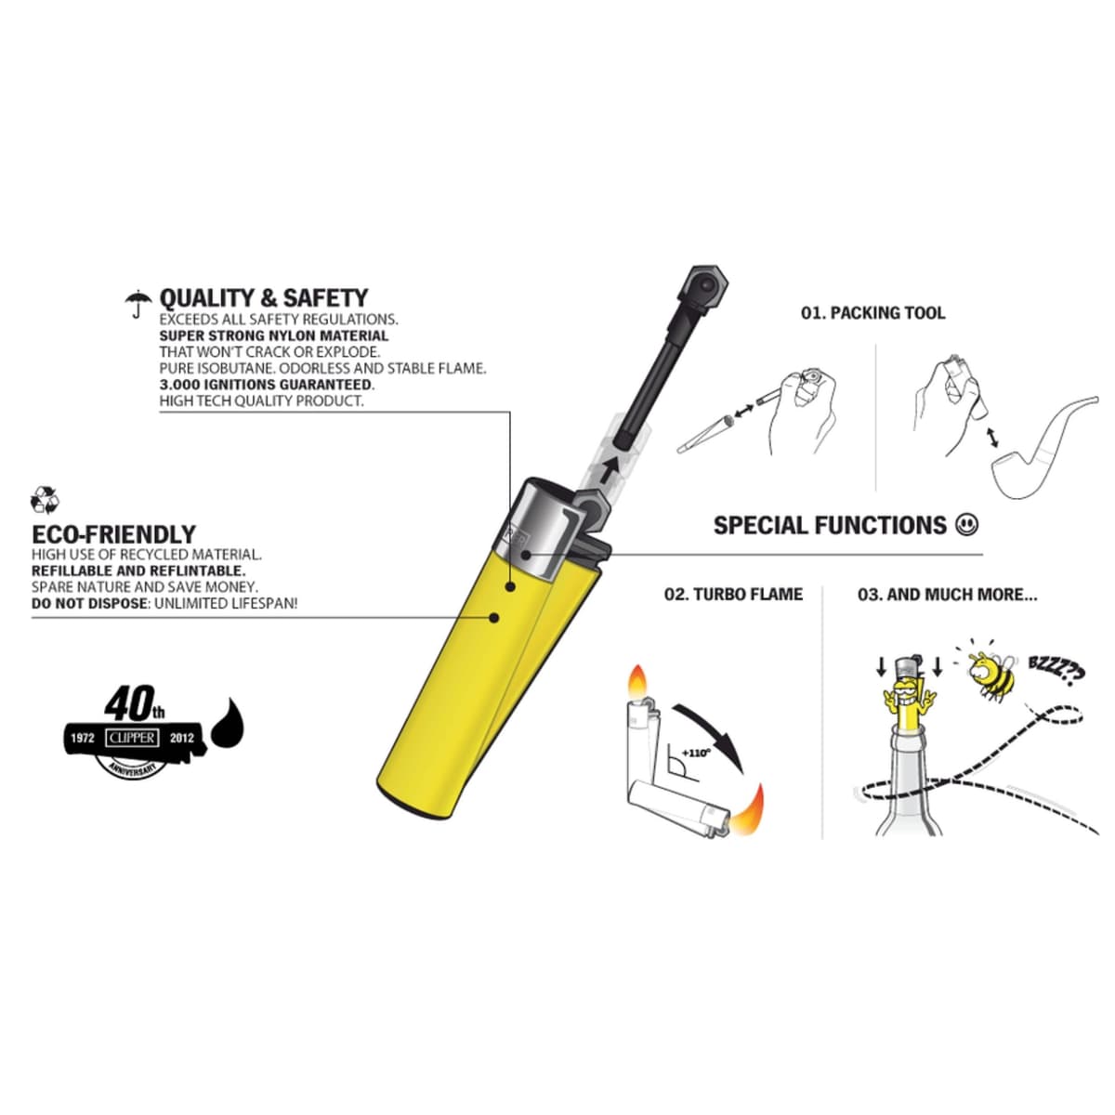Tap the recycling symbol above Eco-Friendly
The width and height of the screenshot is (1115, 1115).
pyautogui.click(x=46, y=501)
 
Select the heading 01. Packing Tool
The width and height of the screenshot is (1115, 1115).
pyautogui.click(x=873, y=313)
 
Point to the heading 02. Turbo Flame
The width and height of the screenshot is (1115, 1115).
pyautogui.click(x=734, y=595)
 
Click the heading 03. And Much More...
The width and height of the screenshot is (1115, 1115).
pyautogui.click(x=947, y=595)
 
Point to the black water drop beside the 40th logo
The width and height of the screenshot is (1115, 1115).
pyautogui.click(x=228, y=723)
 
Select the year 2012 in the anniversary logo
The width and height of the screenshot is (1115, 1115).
pyautogui.click(x=182, y=739)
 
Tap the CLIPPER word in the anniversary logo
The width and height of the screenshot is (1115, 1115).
pyautogui.click(x=132, y=738)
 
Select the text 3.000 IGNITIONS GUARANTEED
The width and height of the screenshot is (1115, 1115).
pyautogui.click(x=267, y=385)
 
